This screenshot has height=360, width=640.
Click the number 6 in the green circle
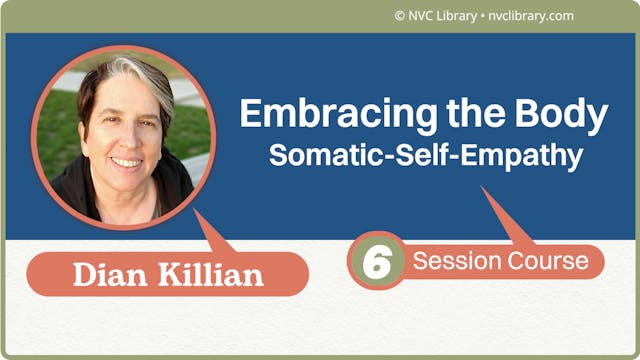tap(376, 261)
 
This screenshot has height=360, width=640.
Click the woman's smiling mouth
tap(126, 161)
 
